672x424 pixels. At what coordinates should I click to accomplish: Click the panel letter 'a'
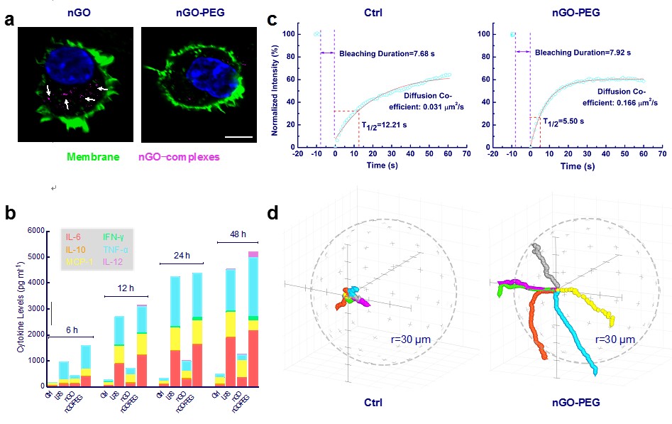(10, 21)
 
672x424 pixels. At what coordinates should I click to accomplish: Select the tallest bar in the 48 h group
(252, 319)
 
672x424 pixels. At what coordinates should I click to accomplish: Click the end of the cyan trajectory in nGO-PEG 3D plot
(595, 372)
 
